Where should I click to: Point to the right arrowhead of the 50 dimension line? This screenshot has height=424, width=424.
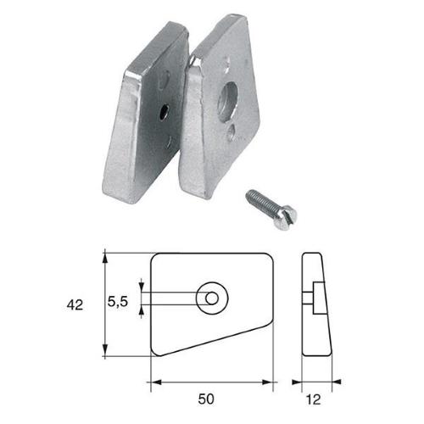[269, 378]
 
